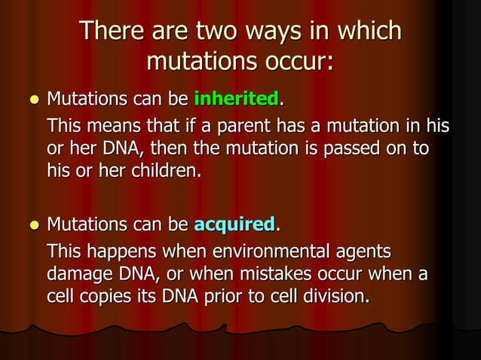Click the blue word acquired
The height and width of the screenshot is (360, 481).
click(235, 224)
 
